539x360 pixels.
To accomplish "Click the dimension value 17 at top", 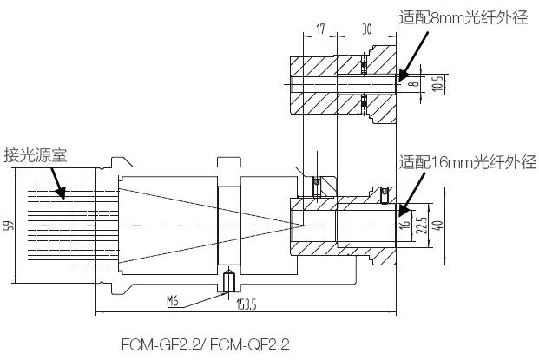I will pyautogui.click(x=320, y=29).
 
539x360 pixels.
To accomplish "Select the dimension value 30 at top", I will pyautogui.click(x=366, y=29).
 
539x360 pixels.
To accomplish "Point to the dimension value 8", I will pyautogui.click(x=414, y=83).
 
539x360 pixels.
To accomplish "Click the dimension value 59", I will pyautogui.click(x=9, y=226).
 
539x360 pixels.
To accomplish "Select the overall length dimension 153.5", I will pyautogui.click(x=248, y=304).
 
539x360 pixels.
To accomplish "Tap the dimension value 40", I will pyautogui.click(x=440, y=226).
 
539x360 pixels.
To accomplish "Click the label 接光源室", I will pyautogui.click(x=36, y=156).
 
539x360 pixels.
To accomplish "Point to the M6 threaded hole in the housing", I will pyautogui.click(x=229, y=280).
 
